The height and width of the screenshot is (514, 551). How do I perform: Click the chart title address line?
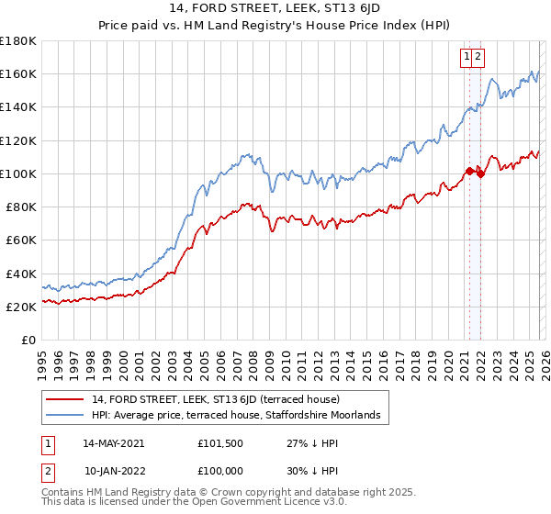tap(276, 8)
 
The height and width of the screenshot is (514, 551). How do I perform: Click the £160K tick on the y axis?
tap(18, 73)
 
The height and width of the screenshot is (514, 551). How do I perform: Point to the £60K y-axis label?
tap(20, 240)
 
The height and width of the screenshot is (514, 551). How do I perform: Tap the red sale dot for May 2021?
tap(469, 171)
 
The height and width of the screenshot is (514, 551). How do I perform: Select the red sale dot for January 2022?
tap(480, 173)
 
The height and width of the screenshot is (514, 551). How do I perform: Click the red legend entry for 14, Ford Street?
tap(216, 399)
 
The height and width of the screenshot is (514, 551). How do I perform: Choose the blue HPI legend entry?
tap(241, 417)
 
